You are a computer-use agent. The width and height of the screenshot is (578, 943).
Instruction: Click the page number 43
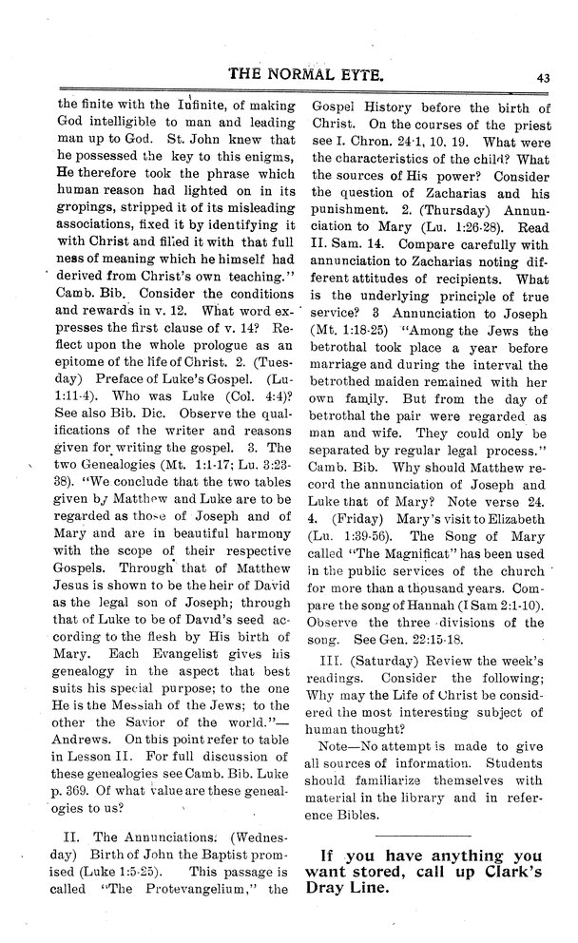(543, 78)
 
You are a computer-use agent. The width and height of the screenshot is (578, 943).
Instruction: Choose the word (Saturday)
(392, 660)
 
